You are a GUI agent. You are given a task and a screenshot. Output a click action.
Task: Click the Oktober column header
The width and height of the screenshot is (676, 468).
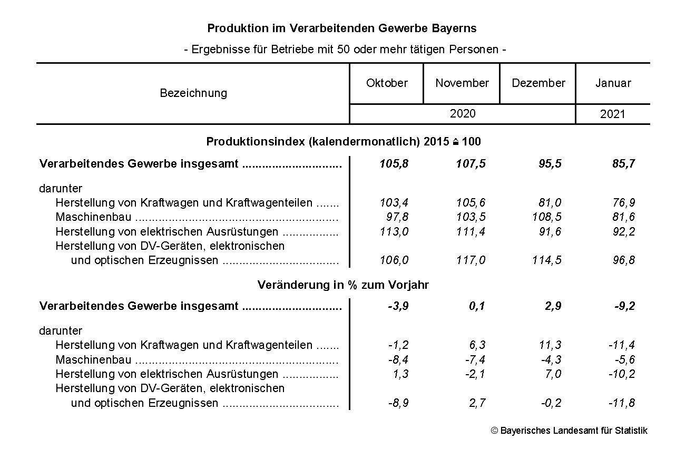(387, 83)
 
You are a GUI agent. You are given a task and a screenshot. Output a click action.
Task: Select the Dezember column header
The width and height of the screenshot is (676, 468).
(538, 83)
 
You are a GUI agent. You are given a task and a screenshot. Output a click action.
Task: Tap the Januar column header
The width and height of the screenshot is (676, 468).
(613, 83)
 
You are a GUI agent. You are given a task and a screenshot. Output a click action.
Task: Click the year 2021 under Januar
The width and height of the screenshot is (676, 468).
(612, 114)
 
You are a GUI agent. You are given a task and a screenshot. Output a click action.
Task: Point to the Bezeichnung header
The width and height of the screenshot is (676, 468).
(193, 93)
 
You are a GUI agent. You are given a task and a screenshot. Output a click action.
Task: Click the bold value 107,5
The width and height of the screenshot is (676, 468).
(471, 164)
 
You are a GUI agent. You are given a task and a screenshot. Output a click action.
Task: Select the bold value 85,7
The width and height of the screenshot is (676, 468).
(624, 164)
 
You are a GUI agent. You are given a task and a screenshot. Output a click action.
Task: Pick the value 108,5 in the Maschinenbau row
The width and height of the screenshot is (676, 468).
(547, 217)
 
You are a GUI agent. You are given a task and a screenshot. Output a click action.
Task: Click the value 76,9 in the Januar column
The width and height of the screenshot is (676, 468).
(624, 203)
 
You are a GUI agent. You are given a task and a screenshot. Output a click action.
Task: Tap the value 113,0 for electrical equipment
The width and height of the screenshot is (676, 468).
(394, 232)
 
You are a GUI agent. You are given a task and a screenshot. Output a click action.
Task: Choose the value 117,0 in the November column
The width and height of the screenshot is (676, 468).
(471, 260)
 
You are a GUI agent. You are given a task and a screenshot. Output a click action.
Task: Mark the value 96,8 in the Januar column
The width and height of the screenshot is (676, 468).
(624, 260)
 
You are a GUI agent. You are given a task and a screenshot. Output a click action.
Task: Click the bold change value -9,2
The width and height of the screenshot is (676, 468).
(624, 307)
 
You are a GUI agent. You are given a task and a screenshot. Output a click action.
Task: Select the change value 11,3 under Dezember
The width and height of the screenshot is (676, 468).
(550, 346)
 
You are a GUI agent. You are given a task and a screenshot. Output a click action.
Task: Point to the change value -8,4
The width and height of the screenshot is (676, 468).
(398, 360)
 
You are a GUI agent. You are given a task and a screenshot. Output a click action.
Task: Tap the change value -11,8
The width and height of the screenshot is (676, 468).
(622, 404)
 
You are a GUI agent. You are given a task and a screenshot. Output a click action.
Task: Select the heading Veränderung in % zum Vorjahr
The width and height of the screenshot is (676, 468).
(343, 285)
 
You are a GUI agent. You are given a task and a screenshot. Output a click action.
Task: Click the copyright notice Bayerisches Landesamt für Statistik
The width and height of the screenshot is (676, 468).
(569, 431)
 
